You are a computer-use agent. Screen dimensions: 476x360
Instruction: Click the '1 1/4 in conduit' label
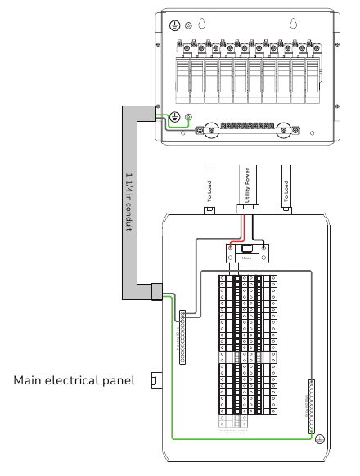[128, 202]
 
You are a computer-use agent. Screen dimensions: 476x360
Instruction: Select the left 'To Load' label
[209, 193]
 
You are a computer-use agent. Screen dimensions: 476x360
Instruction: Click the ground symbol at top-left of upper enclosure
[173, 26]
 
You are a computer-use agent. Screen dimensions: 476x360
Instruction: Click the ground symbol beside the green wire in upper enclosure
[174, 117]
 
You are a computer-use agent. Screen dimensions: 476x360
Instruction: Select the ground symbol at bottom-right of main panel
[320, 441]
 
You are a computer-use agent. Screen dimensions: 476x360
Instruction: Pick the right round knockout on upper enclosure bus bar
[285, 129]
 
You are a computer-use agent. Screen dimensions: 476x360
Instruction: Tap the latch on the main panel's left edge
[155, 380]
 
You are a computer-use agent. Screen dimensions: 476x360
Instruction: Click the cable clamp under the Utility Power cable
[245, 209]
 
